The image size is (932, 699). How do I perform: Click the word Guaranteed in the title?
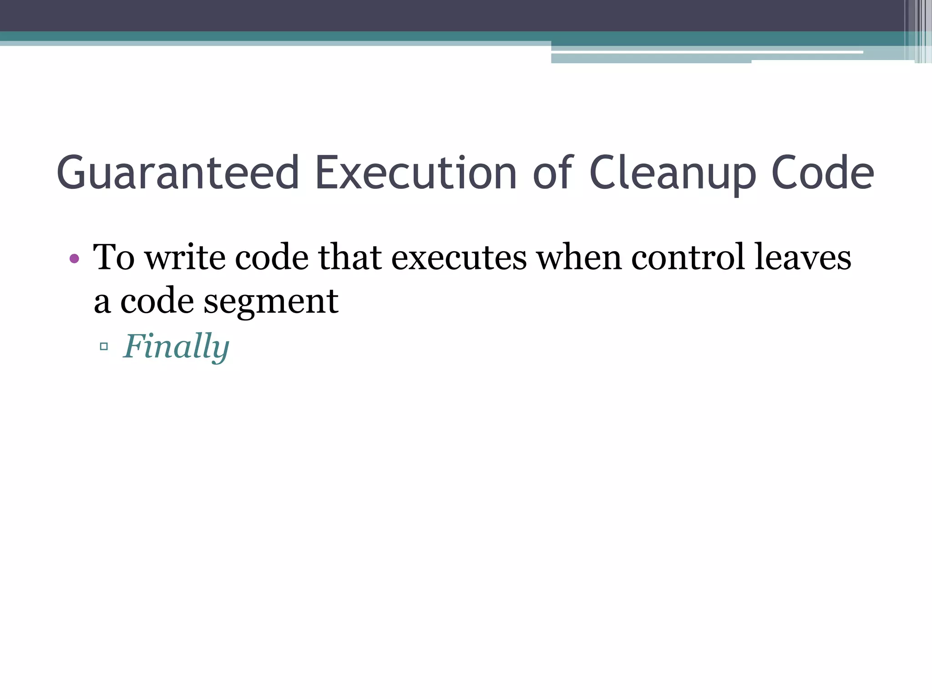pyautogui.click(x=177, y=173)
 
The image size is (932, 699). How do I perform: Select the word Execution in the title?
pyautogui.click(x=415, y=173)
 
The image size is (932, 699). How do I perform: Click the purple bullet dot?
pyautogui.click(x=75, y=259)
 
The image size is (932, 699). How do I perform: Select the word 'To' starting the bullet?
pyautogui.click(x=114, y=258)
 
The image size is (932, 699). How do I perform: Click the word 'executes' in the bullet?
pyautogui.click(x=459, y=258)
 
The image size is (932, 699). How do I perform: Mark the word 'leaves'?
pyautogui.click(x=803, y=258)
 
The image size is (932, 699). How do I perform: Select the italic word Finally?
pyautogui.click(x=176, y=347)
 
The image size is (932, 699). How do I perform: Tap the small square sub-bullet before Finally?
pyautogui.click(x=104, y=347)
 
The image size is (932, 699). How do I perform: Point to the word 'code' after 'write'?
pyautogui.click(x=272, y=258)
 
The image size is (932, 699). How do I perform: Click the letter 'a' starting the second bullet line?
pyautogui.click(x=102, y=302)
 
